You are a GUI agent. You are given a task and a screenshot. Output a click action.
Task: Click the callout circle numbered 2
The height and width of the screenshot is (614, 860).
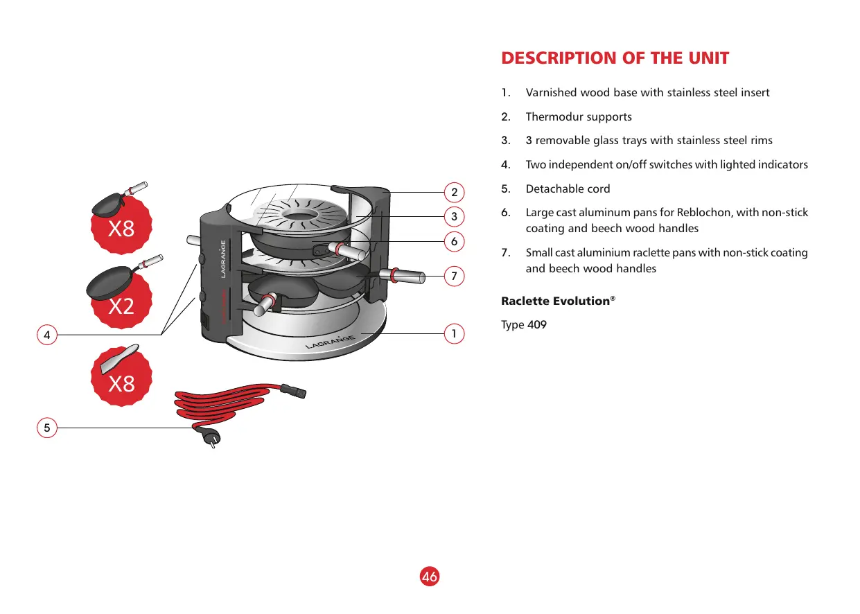[x=454, y=191]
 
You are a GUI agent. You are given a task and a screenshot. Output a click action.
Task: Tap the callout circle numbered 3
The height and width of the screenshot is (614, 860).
[x=454, y=216]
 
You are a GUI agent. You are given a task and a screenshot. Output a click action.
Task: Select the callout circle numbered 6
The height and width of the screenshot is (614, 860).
[x=454, y=241]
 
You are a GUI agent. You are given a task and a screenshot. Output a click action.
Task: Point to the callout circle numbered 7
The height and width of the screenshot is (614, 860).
[x=454, y=276]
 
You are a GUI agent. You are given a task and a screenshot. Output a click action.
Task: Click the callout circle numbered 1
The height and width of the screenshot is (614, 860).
[x=454, y=333]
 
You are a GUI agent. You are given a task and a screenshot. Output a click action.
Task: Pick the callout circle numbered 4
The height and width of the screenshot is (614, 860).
[x=46, y=335]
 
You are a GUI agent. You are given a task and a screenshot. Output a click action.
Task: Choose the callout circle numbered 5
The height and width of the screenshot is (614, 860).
[x=46, y=428]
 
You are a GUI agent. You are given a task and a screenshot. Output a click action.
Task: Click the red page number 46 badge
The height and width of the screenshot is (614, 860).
[x=430, y=576]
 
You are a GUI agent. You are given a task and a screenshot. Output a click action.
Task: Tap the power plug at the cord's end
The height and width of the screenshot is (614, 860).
[x=209, y=437]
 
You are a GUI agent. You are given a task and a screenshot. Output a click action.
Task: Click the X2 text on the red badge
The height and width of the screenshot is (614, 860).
[x=121, y=306]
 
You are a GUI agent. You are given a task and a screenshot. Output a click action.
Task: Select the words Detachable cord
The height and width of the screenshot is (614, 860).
[x=568, y=188]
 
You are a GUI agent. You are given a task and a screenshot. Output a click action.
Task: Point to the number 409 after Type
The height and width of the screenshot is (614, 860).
[x=537, y=324]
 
